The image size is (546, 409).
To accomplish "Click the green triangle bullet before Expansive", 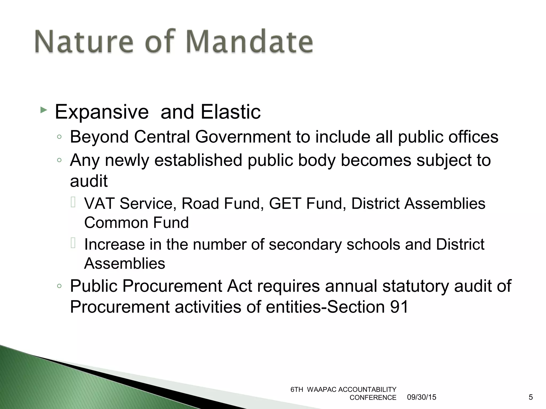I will point(44,109).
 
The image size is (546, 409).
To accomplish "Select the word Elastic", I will point(231,112).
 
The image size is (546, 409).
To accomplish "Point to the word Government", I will point(243,137).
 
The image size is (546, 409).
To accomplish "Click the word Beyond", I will point(99,137).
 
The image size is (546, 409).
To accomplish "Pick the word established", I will point(198,160).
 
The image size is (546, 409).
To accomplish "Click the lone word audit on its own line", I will point(89,181).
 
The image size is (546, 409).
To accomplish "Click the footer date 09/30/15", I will point(421,397).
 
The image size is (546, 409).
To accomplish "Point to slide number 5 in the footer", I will point(531,397).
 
